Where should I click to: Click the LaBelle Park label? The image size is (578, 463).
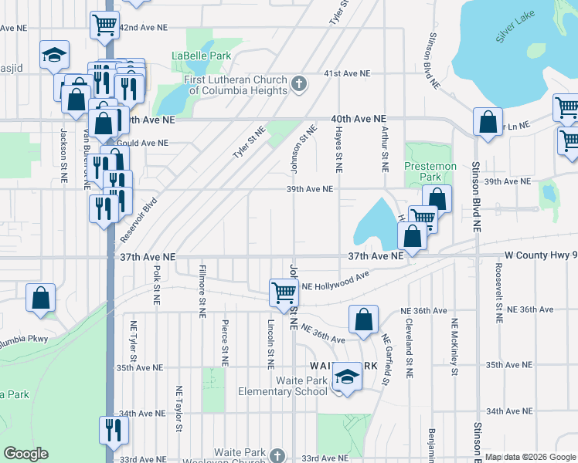click(201, 56)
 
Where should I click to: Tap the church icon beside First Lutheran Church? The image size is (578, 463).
click(299, 83)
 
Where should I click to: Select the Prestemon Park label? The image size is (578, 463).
click(430, 171)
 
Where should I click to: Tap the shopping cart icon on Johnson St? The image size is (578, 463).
click(284, 292)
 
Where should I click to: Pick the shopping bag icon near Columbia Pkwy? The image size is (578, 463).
click(41, 298)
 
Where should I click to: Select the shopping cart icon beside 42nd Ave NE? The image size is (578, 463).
click(104, 24)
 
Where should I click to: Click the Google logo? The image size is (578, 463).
click(25, 454)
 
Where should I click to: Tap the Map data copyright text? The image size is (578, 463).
click(529, 457)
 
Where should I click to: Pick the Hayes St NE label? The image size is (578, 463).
click(338, 150)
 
